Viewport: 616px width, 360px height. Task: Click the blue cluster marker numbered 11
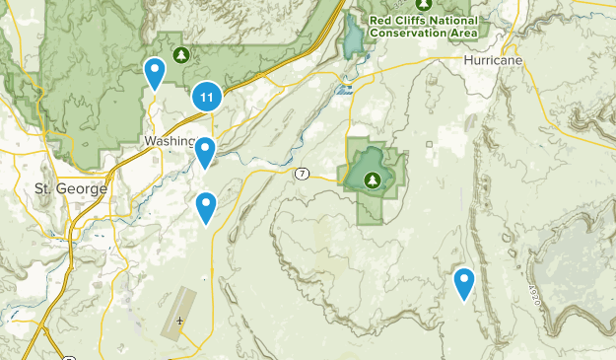pos(206,97)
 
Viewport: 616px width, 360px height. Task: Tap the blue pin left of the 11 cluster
pos(155,73)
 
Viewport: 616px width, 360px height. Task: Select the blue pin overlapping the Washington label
pos(205,152)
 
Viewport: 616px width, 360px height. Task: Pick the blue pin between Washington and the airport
pos(206,207)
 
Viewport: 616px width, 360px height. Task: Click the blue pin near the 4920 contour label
pos(464,283)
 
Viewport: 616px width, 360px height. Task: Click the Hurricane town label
pos(494,60)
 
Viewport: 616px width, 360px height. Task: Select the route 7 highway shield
pos(302,174)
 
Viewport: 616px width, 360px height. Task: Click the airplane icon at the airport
pos(179,321)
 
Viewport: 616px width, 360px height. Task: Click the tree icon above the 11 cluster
pos(180,53)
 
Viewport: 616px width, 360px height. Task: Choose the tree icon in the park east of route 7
pos(373,180)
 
